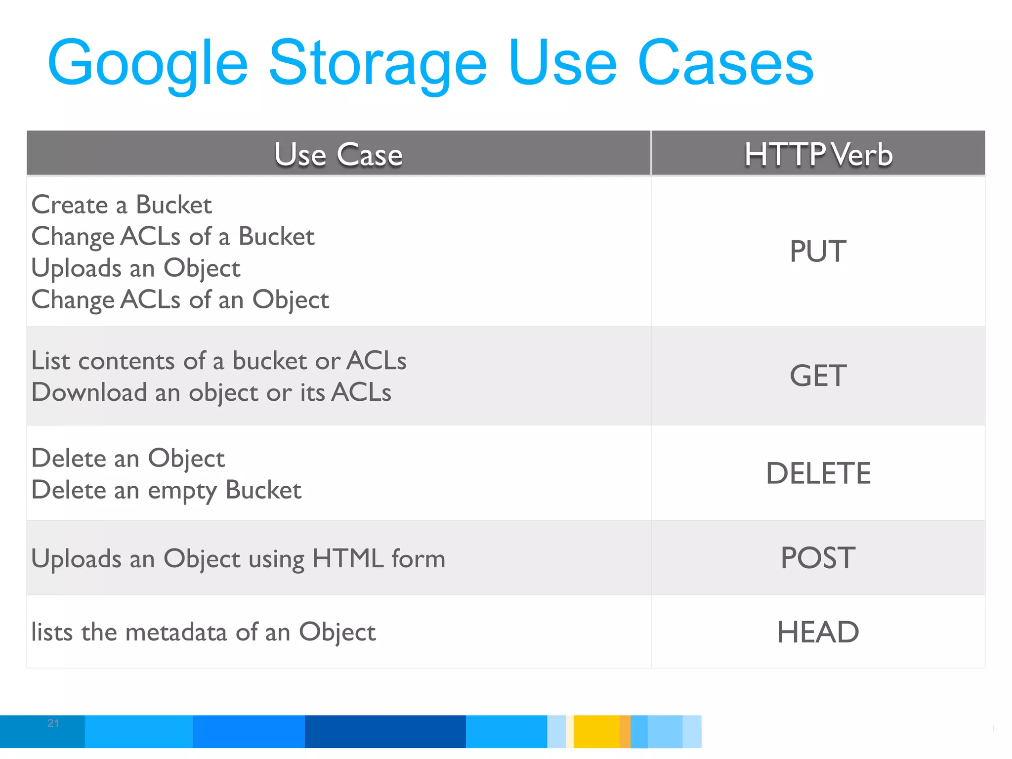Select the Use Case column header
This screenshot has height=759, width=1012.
coord(338,154)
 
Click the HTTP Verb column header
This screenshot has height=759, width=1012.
coord(818,154)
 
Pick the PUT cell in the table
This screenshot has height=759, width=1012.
coord(818,251)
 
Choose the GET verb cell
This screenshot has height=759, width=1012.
coord(818,376)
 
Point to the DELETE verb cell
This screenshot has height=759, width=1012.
coord(818,473)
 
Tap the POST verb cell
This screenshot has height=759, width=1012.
coord(818,558)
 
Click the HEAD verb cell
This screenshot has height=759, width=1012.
coord(818,632)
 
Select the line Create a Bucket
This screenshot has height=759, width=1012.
coord(122,205)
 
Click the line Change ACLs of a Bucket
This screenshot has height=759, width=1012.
coord(173,236)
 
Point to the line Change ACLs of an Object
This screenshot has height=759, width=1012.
coord(180,299)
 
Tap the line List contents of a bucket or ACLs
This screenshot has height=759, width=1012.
coord(219,360)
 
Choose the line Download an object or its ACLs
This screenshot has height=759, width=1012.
coord(211,392)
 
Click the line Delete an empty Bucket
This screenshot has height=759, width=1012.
coord(167,490)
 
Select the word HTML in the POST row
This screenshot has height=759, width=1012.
coord(348,558)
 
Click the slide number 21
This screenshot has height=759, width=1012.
coord(53,723)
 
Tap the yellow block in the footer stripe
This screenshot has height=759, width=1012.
coord(596,731)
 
